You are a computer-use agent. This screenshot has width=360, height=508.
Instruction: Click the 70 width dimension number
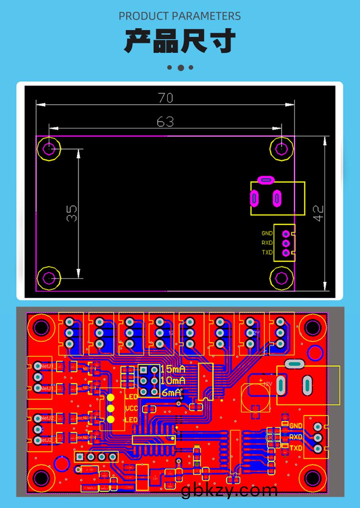pos(165,98)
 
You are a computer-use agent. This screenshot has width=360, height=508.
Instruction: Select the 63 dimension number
pos(165,122)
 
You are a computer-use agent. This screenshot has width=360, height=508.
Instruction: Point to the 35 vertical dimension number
pos(72,213)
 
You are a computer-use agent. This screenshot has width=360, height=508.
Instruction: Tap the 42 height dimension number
pos(319,213)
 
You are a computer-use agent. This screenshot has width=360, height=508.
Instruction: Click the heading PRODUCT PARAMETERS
pos(180,16)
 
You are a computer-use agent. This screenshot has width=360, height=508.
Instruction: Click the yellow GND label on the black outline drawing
pos(267,233)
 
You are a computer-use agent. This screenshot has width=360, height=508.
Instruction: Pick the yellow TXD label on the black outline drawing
pos(267,252)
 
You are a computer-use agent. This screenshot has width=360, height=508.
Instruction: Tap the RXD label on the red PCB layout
pos(296,437)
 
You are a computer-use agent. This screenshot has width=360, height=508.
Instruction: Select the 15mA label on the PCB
pos(173,369)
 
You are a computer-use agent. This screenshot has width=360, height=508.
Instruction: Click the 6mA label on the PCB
pos(171,393)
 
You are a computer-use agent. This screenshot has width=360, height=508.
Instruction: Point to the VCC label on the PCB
pos(132,408)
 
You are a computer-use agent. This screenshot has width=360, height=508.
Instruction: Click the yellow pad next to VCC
pos(110,408)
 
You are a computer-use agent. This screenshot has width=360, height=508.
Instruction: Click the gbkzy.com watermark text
pos(229,490)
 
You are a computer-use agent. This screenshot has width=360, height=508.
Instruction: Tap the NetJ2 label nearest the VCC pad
pos(47,418)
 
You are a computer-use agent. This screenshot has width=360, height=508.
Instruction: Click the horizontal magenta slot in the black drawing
pos(266,180)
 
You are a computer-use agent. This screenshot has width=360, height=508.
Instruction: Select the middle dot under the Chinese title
pos(180,68)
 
